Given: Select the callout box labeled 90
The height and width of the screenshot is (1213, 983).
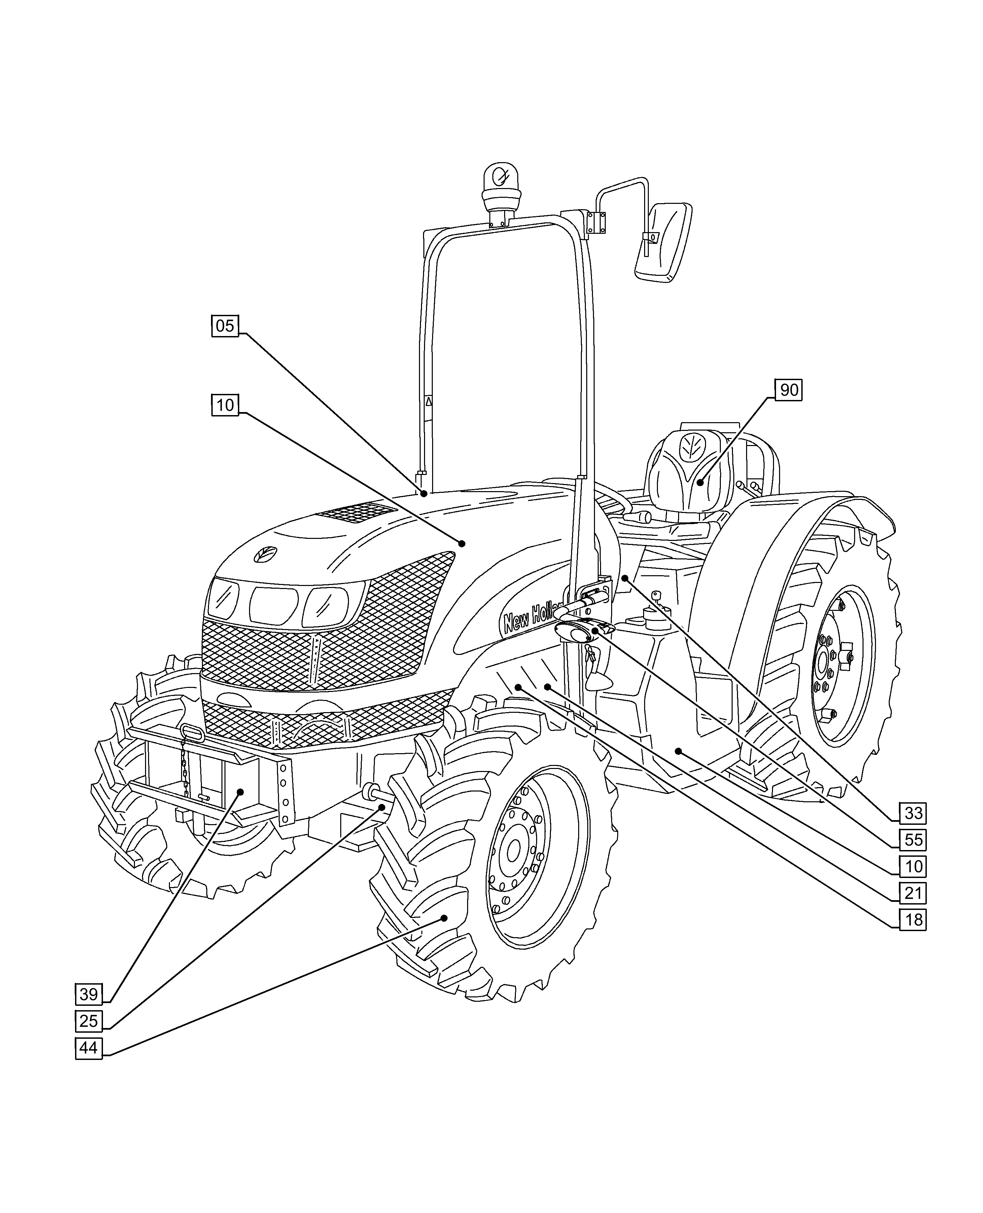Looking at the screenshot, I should point(789,390).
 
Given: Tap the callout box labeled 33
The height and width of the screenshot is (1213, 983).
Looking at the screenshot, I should point(913,813).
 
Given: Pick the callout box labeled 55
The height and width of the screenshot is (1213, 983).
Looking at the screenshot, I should point(913,840).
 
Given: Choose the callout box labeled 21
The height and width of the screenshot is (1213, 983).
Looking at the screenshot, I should point(913,893).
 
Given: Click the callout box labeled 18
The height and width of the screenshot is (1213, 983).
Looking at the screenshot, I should point(913,920).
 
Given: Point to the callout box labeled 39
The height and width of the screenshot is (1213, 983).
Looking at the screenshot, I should point(89,994).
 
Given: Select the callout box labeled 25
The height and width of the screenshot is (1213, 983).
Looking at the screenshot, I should point(89,1021).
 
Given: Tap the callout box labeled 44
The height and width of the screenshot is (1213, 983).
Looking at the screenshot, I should point(89,1048).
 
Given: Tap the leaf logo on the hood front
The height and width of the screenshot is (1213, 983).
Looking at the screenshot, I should point(265,554).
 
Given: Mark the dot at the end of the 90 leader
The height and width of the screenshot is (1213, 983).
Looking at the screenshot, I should point(700,483).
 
